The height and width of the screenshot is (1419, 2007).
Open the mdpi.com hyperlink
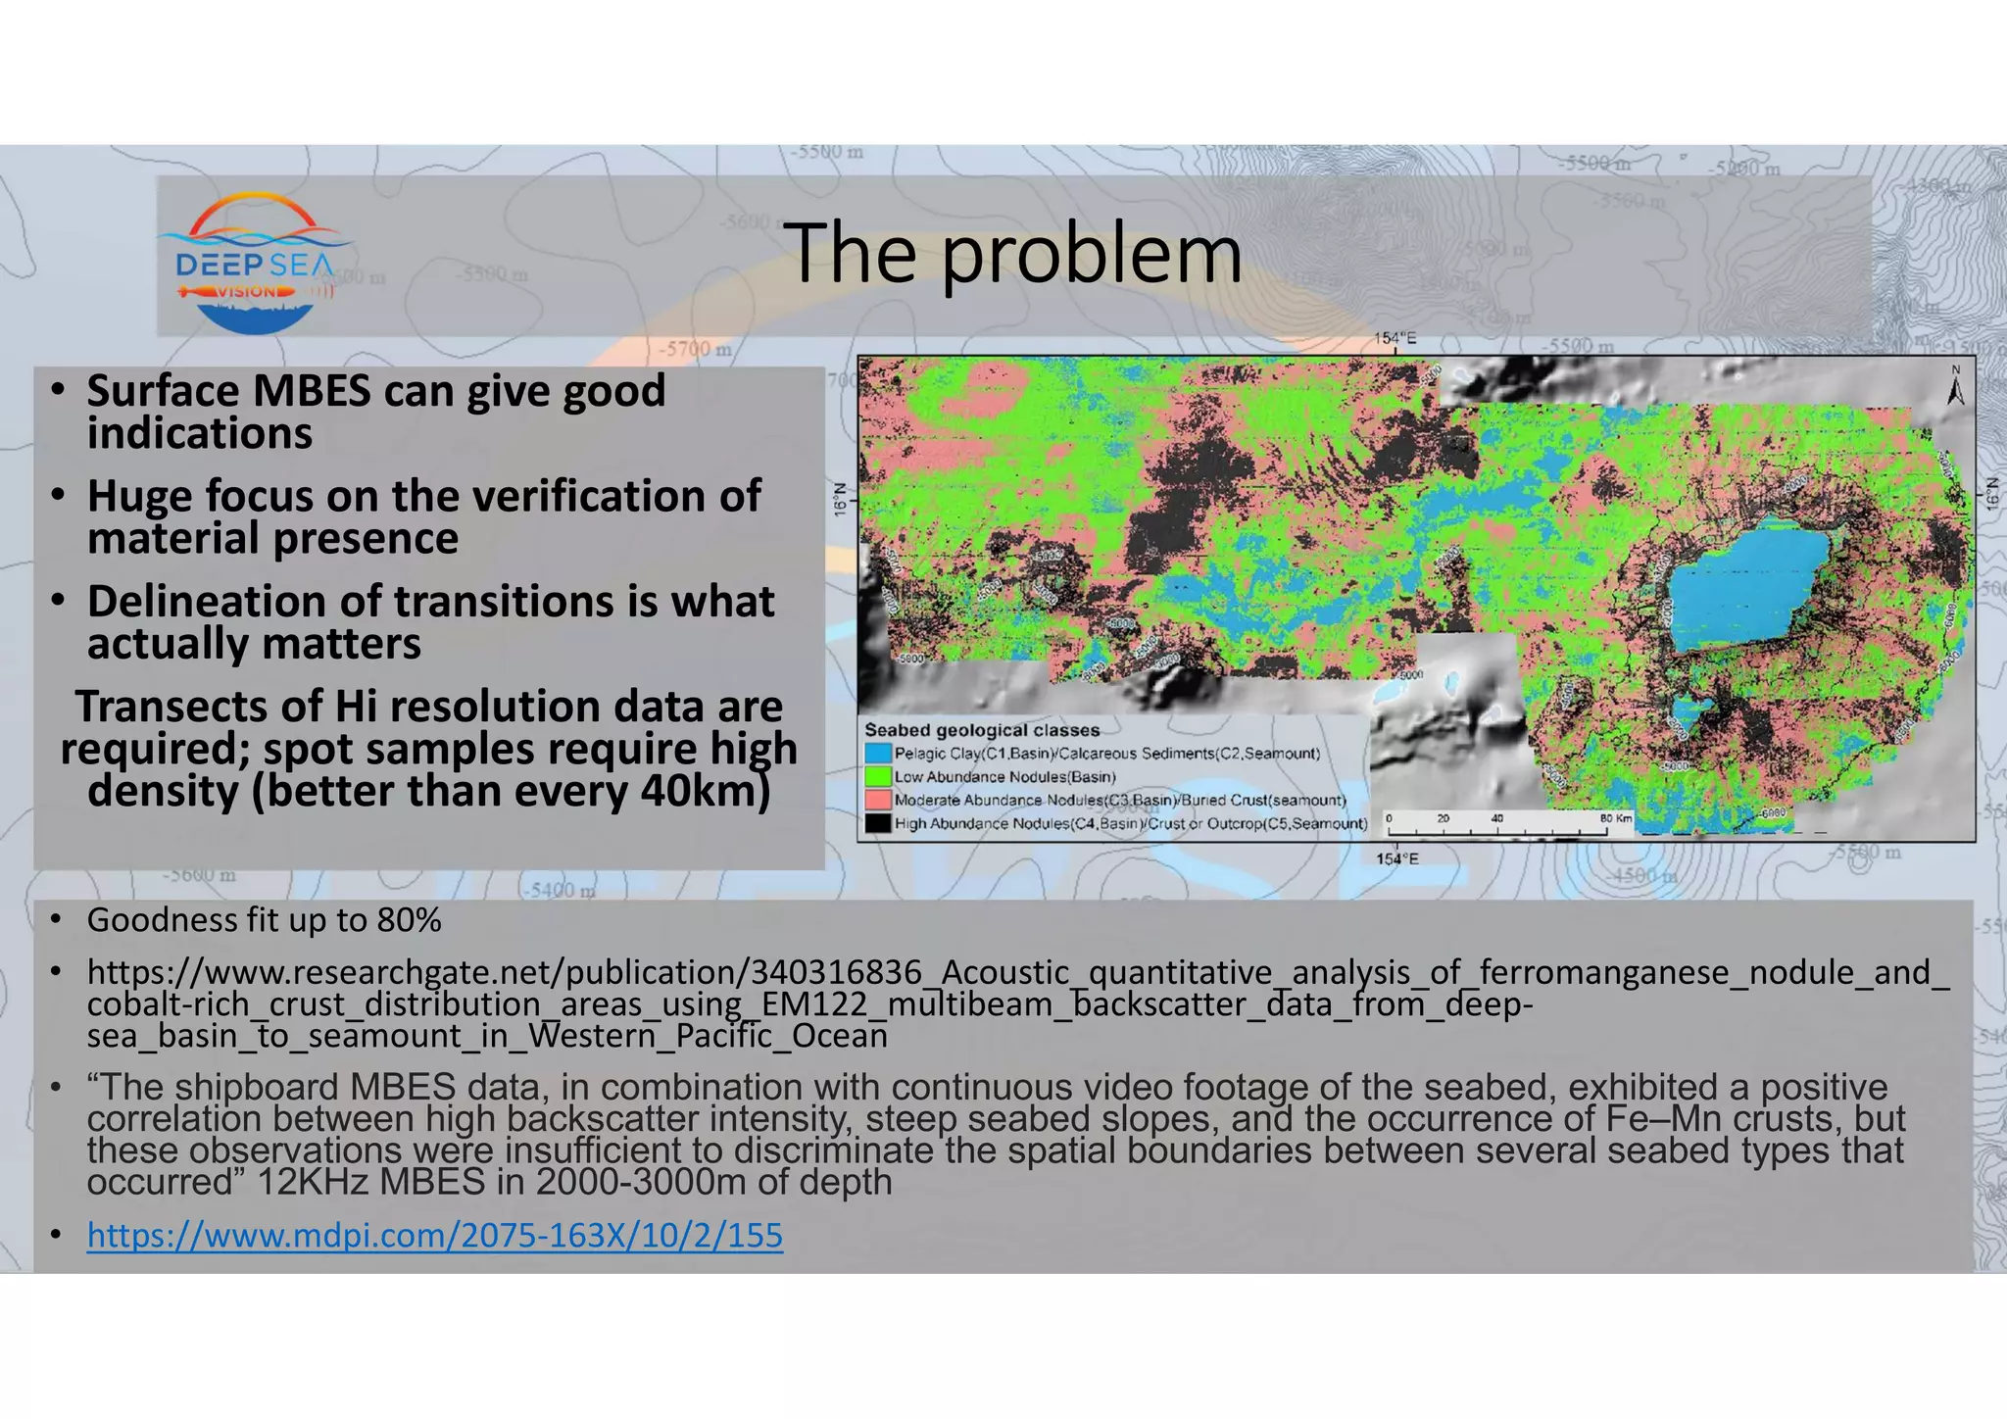click(434, 1235)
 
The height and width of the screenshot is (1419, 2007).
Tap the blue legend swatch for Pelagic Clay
click(878, 754)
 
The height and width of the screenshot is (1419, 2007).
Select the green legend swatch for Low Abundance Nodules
click(878, 777)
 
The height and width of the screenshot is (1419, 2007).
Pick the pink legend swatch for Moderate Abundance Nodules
click(878, 801)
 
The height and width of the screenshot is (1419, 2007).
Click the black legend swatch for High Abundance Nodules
click(878, 823)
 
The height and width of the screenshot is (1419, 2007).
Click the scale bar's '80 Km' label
click(1616, 818)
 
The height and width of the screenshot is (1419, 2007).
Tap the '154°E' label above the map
click(1395, 339)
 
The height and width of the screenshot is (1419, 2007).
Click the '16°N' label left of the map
click(840, 499)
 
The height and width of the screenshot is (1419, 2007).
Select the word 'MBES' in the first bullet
click(312, 391)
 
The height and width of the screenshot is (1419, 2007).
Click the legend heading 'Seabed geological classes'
click(981, 730)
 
